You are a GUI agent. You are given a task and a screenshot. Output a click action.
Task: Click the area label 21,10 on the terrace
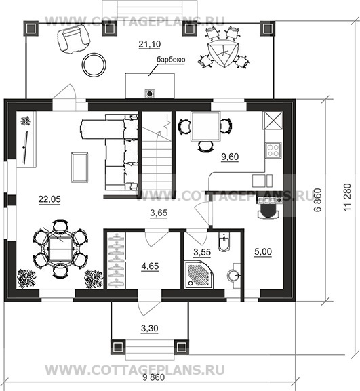(x=149, y=45)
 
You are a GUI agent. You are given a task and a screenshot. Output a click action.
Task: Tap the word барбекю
(x=171, y=60)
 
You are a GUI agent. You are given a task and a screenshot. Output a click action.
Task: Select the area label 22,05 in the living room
(x=49, y=199)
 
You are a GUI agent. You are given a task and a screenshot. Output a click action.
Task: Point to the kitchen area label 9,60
(x=230, y=157)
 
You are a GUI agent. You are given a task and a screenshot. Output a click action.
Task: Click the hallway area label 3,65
(x=159, y=213)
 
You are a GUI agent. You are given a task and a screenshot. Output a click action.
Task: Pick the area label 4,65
(x=150, y=266)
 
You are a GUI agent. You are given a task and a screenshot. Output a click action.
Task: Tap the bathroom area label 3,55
(x=202, y=252)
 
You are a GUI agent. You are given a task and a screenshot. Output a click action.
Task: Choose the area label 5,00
(x=263, y=252)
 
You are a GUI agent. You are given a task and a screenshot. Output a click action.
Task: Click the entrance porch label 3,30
(x=150, y=329)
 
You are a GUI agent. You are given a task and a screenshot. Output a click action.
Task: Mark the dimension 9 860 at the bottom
(x=154, y=377)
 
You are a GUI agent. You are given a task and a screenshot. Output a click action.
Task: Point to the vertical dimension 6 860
(x=318, y=200)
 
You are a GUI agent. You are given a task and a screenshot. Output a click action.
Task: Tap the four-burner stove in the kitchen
(x=273, y=150)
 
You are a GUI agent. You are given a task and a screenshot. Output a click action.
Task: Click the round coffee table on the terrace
(x=94, y=65)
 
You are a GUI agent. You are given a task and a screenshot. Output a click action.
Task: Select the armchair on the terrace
(x=73, y=40)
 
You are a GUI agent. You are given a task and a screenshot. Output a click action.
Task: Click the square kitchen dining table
(x=205, y=127)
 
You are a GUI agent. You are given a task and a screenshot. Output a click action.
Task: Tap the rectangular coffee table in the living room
(x=79, y=167)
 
